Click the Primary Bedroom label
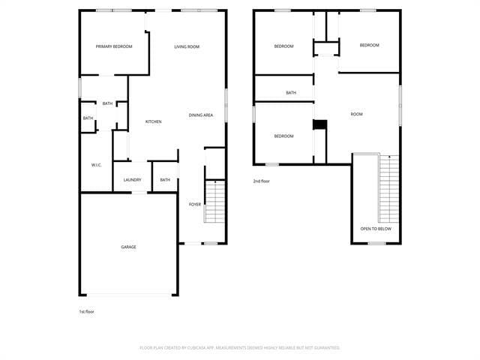click(x=114, y=46)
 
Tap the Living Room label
click(x=187, y=46)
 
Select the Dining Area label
click(x=201, y=115)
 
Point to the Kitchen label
click(x=154, y=121)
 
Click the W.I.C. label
click(x=96, y=165)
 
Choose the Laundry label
click(x=133, y=180)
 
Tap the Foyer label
click(x=195, y=204)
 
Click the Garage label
click(x=129, y=247)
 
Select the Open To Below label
click(x=375, y=228)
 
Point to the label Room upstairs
click(x=356, y=114)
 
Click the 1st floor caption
click(x=86, y=311)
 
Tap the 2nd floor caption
click(x=261, y=181)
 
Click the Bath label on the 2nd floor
click(x=291, y=93)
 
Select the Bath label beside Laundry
click(x=165, y=180)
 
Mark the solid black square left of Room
click(x=319, y=125)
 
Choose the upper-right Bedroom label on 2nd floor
click(x=369, y=45)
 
